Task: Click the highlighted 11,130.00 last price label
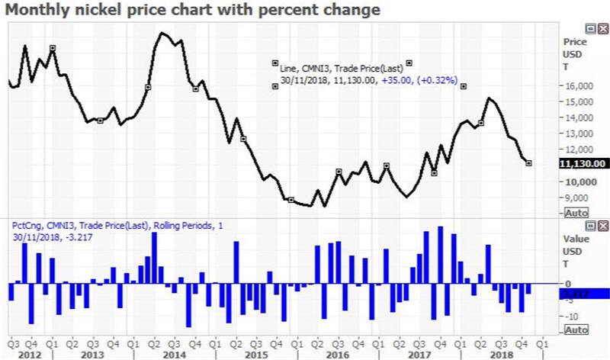pos(583,163)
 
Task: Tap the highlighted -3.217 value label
pos(583,292)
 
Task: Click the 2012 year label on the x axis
pos(30,355)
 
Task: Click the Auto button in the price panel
pos(576,211)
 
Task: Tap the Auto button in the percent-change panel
pos(576,329)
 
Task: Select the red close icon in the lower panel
pos(602,227)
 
